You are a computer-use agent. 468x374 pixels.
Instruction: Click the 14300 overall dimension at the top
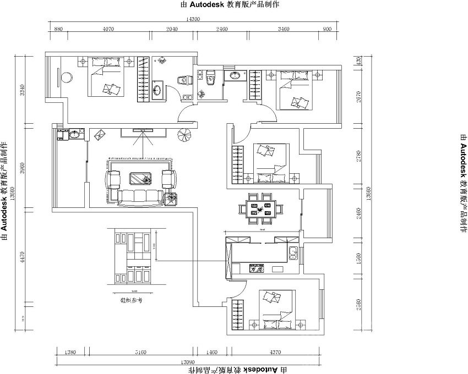192,19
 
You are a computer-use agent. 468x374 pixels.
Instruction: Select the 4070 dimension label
108,29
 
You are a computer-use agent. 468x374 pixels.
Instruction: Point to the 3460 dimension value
284,29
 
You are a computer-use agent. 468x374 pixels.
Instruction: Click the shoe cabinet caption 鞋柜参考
132,301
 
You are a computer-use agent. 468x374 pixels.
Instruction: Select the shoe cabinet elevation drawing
132,257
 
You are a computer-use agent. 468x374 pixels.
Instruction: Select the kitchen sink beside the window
292,254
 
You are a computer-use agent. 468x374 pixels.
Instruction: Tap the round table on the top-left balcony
67,77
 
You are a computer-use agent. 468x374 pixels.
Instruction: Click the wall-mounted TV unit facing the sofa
142,131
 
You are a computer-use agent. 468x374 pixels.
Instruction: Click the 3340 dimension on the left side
22,90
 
